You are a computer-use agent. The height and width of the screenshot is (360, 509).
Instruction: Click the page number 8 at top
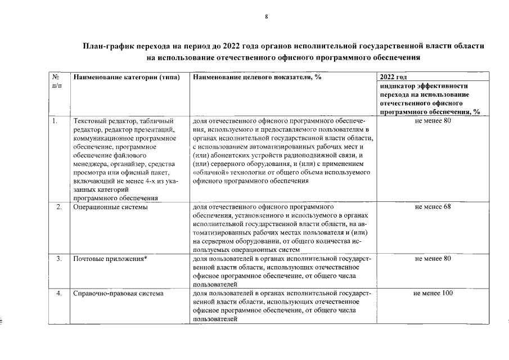(267, 17)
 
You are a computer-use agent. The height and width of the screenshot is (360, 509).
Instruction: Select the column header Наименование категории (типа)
(127, 77)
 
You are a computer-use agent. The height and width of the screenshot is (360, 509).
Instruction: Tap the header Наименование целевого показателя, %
(256, 77)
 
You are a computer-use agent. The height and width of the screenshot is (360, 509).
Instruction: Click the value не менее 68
(433, 207)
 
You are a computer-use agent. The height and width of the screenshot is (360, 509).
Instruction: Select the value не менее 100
(433, 293)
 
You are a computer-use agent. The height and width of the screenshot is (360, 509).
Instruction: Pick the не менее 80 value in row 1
(433, 121)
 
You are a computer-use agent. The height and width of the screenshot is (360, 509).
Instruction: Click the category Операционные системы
(110, 207)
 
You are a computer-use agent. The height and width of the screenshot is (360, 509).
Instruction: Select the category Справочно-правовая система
(118, 293)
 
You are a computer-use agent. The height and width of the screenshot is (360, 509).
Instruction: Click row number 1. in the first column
(55, 121)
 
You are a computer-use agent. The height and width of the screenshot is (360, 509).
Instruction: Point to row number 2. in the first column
(58, 207)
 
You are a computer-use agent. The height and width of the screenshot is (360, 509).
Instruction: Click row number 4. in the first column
(58, 293)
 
